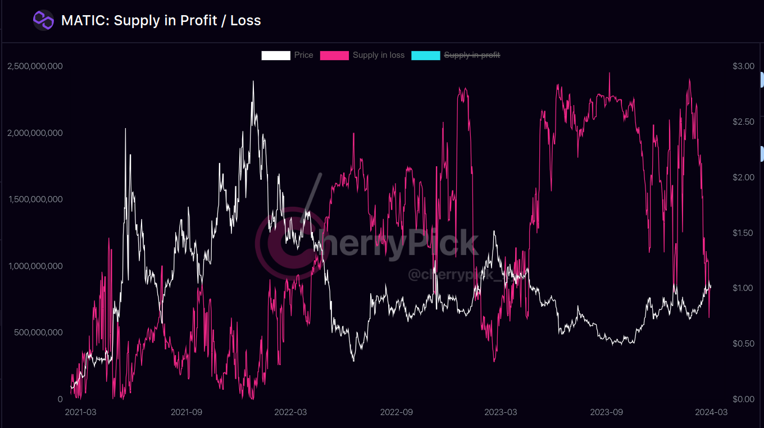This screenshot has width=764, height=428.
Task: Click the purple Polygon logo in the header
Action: point(43,21)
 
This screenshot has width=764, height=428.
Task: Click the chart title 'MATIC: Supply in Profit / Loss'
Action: point(161,21)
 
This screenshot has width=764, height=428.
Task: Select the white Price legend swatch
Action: point(276,55)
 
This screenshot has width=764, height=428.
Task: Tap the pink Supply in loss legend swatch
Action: point(334,55)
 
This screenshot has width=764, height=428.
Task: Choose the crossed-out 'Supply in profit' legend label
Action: point(472,55)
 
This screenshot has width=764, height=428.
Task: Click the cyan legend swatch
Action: point(426,55)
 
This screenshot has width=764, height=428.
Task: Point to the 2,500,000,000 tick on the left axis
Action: point(35,66)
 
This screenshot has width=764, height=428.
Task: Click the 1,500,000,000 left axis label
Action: point(35,199)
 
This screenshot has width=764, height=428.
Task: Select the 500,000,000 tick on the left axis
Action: point(38,333)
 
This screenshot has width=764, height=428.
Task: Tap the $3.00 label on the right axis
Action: point(743,66)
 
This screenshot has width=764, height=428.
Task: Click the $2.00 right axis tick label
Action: point(743,177)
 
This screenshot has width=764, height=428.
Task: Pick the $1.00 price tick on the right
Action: point(743,288)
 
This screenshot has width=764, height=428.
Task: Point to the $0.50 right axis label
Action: point(743,344)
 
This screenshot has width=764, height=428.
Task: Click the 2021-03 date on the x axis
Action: point(80,412)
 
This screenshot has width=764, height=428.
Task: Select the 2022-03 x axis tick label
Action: point(290,412)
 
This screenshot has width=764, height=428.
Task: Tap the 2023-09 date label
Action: point(606,412)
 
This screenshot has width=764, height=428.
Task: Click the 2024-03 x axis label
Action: point(711,412)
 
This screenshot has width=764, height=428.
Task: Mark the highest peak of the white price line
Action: point(253,81)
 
